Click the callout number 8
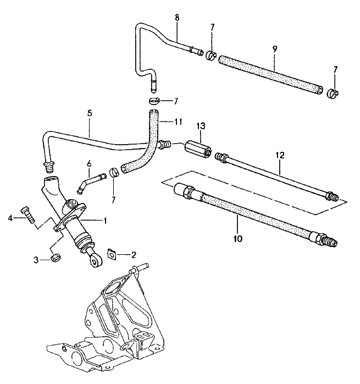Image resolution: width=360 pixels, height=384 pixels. click(x=176, y=18)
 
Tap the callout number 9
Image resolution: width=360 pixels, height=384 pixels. click(x=274, y=49)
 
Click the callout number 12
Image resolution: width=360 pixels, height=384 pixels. click(x=280, y=156)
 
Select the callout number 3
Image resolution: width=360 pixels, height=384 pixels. click(x=36, y=260)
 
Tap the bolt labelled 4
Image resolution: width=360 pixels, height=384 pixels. click(x=26, y=213)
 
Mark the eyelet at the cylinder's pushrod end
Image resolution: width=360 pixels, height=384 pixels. click(x=96, y=262)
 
